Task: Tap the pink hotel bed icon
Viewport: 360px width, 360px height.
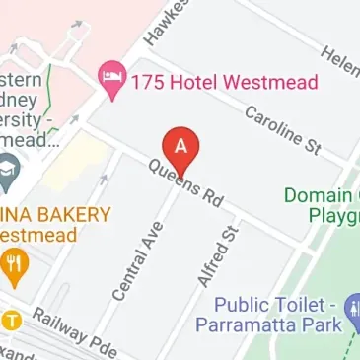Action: pyautogui.click(x=108, y=75)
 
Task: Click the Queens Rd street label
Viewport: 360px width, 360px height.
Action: pyautogui.click(x=186, y=182)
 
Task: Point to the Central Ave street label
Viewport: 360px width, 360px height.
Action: pyautogui.click(x=137, y=261)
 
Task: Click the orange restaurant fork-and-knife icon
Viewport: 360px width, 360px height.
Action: pyautogui.click(x=12, y=263)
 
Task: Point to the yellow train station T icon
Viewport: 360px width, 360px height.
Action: pyautogui.click(x=11, y=320)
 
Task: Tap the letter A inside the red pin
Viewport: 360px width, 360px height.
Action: pyautogui.click(x=180, y=144)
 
